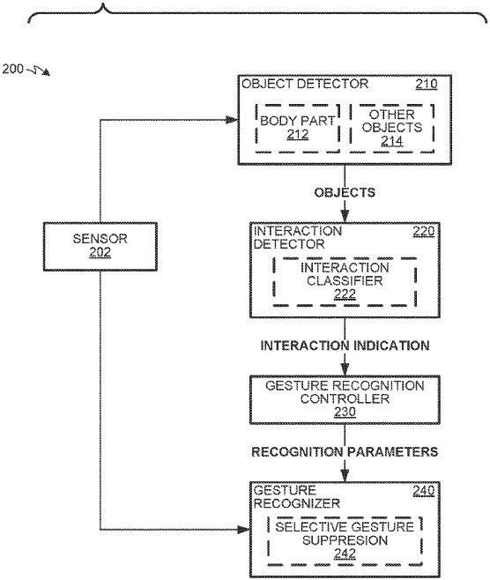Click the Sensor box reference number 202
point(100,252)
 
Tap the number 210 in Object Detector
point(427,84)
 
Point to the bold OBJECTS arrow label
point(345,193)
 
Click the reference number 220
point(423,232)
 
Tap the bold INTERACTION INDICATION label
point(345,346)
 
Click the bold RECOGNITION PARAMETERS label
point(345,451)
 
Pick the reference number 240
point(423,491)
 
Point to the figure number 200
point(12,69)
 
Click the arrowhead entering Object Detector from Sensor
point(232,120)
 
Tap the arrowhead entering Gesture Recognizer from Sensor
point(243,530)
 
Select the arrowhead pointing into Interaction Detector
point(345,216)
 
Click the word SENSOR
point(100,239)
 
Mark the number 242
point(345,554)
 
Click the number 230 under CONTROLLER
point(345,412)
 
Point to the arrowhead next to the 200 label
point(46,72)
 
